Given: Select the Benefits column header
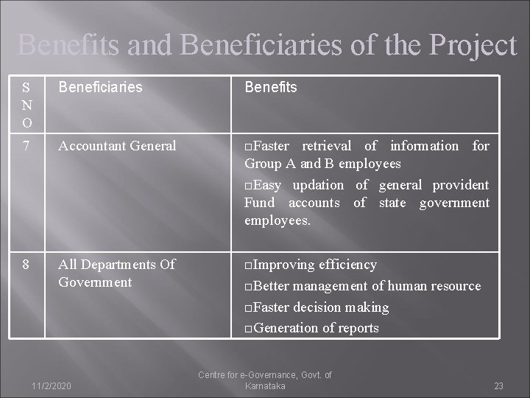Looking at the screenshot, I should [x=270, y=87].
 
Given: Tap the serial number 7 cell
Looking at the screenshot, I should [x=26, y=146].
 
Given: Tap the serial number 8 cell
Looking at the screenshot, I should [x=26, y=264].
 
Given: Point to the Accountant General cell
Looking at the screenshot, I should [x=117, y=146].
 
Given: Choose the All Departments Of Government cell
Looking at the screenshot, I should [x=116, y=273].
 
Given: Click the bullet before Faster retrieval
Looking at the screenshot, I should [x=248, y=147].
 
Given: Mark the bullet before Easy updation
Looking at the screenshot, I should [x=248, y=186].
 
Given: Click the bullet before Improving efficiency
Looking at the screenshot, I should [x=248, y=265].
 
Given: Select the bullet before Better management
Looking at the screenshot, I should [x=248, y=287].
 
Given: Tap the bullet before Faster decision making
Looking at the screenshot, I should [x=248, y=308].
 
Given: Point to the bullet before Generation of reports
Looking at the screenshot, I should [x=248, y=329].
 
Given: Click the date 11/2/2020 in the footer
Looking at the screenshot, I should [x=52, y=385].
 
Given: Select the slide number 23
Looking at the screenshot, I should [x=498, y=385].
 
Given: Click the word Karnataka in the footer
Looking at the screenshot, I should [x=265, y=386].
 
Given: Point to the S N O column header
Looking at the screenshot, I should [x=26, y=104].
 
